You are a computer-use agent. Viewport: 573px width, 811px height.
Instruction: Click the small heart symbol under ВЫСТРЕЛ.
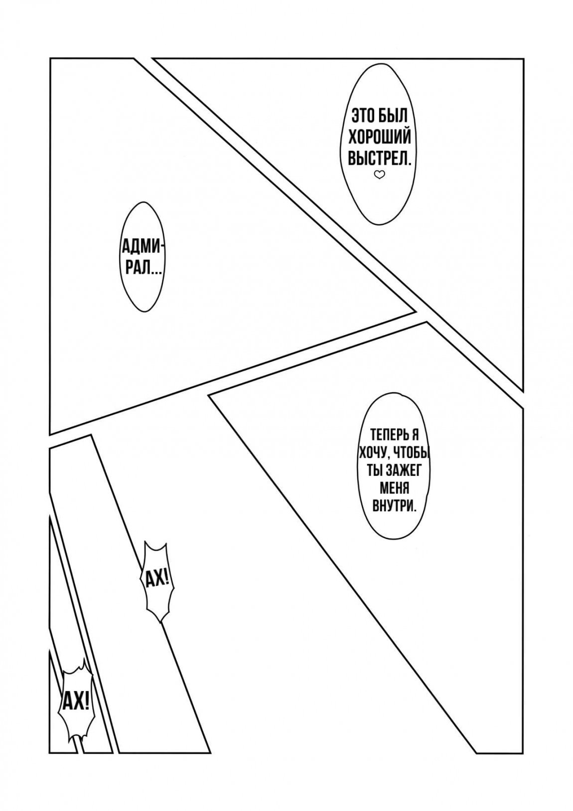379,175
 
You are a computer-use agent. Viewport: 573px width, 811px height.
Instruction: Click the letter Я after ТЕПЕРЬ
415,434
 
